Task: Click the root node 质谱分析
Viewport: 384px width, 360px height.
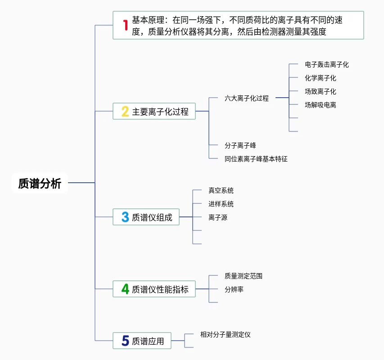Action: (x=40, y=183)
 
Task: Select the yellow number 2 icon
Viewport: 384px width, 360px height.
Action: (x=125, y=112)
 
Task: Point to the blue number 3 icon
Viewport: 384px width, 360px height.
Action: (x=125, y=217)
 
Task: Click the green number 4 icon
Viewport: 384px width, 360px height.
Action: (x=125, y=289)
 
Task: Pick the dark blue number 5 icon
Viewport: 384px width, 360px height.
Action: (x=125, y=341)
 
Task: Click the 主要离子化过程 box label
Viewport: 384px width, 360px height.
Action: (x=160, y=112)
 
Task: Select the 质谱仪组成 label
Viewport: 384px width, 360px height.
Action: (x=152, y=217)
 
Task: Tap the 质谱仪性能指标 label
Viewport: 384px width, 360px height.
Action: (x=160, y=289)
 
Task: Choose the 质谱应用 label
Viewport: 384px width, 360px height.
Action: (x=148, y=341)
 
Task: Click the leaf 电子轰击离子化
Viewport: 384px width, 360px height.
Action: (x=326, y=64)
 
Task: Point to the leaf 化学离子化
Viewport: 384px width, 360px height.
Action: (x=320, y=78)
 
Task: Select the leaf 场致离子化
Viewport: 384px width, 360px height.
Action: (x=320, y=91)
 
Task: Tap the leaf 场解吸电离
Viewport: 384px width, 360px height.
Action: (x=320, y=105)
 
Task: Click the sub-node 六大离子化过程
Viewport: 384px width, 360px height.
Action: (x=246, y=98)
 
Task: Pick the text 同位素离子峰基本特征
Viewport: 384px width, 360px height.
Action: (x=256, y=158)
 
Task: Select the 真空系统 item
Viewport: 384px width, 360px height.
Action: (x=221, y=190)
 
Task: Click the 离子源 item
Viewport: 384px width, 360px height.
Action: (x=217, y=217)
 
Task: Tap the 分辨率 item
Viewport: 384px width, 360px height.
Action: (x=234, y=289)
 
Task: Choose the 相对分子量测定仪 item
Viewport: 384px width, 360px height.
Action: (x=225, y=334)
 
